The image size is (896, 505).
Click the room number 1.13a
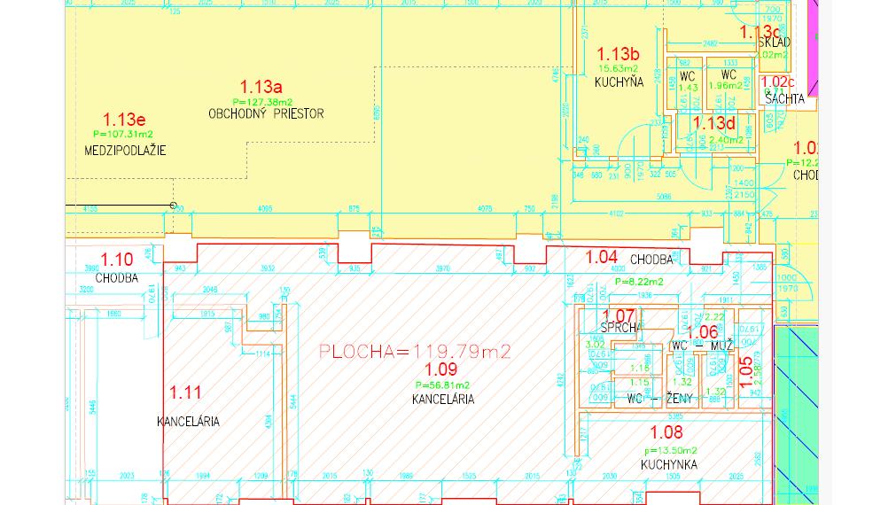tap(261, 87)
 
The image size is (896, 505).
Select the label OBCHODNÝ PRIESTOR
tap(266, 113)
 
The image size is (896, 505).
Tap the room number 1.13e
tap(124, 119)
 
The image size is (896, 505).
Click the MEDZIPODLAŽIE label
tap(125, 150)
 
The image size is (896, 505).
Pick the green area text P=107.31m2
tap(123, 134)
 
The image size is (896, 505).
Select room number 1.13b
tap(618, 53)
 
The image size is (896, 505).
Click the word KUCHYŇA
tap(618, 82)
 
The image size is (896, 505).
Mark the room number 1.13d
tap(714, 123)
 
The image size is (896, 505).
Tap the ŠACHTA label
tap(784, 99)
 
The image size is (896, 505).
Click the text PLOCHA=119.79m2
tap(415, 352)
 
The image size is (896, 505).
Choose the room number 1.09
tap(441, 370)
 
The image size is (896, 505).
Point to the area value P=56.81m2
tap(442, 385)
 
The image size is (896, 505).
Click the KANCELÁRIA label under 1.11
tap(188, 422)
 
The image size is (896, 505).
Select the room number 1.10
tap(117, 260)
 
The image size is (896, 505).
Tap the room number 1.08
tap(666, 433)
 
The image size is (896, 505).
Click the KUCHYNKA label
tap(669, 464)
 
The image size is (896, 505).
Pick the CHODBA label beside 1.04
tap(651, 260)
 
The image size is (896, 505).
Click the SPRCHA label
tap(620, 328)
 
